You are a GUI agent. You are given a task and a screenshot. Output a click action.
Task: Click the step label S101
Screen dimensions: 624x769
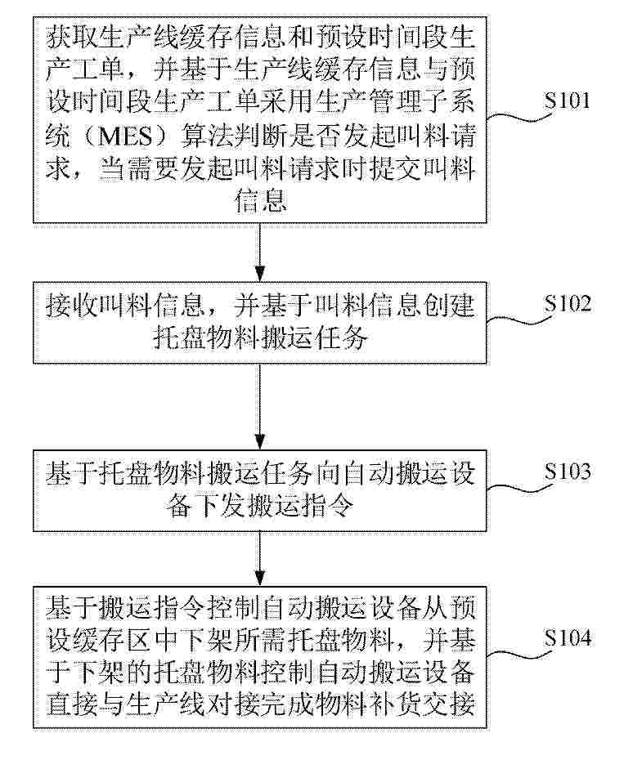567,100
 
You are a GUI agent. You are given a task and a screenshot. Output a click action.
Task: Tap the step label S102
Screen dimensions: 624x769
567,303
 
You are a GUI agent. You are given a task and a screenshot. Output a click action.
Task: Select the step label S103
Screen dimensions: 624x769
567,471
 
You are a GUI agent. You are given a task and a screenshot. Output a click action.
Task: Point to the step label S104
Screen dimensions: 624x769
567,638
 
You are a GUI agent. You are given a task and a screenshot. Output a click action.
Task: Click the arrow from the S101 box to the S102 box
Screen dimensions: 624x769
260,253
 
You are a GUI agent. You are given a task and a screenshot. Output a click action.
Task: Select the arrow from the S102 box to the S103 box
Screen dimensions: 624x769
260,407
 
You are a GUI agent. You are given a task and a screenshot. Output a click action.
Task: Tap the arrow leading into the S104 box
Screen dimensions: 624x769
260,558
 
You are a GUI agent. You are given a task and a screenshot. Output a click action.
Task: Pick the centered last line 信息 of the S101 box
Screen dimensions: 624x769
260,202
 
